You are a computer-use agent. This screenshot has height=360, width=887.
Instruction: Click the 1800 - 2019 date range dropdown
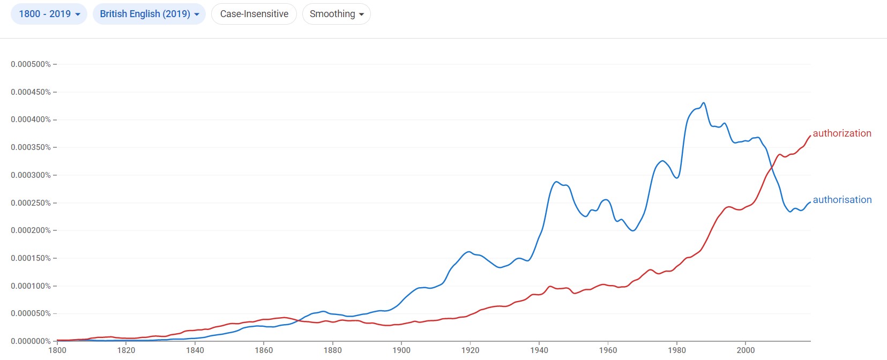(x=49, y=14)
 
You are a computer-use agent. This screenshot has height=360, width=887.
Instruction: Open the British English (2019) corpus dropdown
(x=149, y=14)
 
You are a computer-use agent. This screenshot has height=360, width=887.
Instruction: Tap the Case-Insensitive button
(x=254, y=14)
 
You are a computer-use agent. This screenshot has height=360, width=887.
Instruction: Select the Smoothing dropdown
(x=337, y=14)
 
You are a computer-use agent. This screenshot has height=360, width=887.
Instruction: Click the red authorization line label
(x=841, y=133)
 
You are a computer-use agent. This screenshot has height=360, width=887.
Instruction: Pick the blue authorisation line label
(x=842, y=200)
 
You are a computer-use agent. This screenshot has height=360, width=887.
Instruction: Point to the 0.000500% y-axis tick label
(x=31, y=64)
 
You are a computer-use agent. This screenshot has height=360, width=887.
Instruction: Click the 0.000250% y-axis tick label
(x=31, y=203)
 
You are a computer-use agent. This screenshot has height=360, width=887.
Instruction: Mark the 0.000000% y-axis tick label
(x=31, y=341)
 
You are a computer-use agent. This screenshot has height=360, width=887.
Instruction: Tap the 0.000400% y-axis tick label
(x=31, y=119)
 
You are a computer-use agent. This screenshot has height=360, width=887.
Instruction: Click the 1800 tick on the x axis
(x=57, y=350)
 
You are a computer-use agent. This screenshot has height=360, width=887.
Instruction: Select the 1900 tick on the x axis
(x=401, y=350)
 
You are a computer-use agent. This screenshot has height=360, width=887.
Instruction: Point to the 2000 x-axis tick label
(x=746, y=350)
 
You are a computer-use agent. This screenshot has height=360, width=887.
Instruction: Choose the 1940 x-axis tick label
(x=539, y=350)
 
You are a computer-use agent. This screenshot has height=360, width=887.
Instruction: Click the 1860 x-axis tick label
(x=264, y=350)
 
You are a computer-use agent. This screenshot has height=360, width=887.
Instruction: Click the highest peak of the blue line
(x=704, y=103)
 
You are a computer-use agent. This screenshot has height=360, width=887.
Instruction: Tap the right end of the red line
(x=810, y=136)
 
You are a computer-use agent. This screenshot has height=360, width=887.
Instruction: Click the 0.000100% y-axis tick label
(x=31, y=286)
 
